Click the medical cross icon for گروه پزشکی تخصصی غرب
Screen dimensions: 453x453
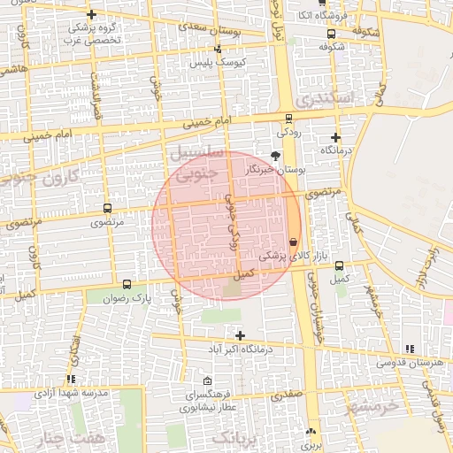91,14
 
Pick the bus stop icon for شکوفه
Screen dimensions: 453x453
331,34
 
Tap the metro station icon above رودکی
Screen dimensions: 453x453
288,119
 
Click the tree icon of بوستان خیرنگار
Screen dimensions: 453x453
275,155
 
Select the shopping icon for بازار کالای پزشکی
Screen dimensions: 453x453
293,242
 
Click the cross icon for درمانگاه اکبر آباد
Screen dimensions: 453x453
240,334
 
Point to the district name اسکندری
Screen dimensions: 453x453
326,98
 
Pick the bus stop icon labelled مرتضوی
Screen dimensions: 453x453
107,210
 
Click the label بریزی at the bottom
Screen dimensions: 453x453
310,446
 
